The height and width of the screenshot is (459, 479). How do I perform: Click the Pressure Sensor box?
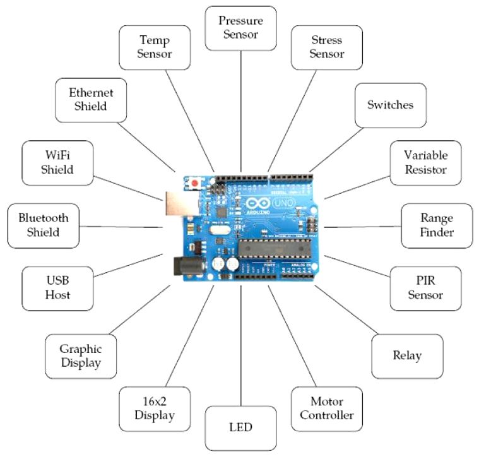pyautogui.click(x=241, y=28)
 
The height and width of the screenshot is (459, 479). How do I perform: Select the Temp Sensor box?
pyautogui.click(x=155, y=47)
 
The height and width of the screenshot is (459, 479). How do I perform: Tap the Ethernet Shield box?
pyautogui.click(x=88, y=99)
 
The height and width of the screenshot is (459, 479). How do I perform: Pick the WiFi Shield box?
pyautogui.click(x=57, y=162)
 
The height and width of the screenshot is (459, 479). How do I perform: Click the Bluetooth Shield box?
pyautogui.click(x=44, y=225)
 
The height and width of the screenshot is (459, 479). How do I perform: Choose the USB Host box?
pyautogui.click(x=57, y=288)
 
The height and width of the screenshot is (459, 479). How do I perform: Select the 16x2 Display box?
pyautogui.click(x=155, y=408)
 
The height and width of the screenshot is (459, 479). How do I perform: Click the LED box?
pyautogui.click(x=241, y=427)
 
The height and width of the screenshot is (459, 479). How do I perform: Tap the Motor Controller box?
pyautogui.click(x=327, y=408)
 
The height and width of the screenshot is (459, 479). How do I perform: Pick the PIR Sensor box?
pyautogui.click(x=425, y=288)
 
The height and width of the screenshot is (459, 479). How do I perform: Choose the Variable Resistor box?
pyautogui.click(x=425, y=162)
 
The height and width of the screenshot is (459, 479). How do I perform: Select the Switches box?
pyautogui.click(x=390, y=105)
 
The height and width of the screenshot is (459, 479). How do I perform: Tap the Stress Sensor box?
pyautogui.click(x=327, y=47)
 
